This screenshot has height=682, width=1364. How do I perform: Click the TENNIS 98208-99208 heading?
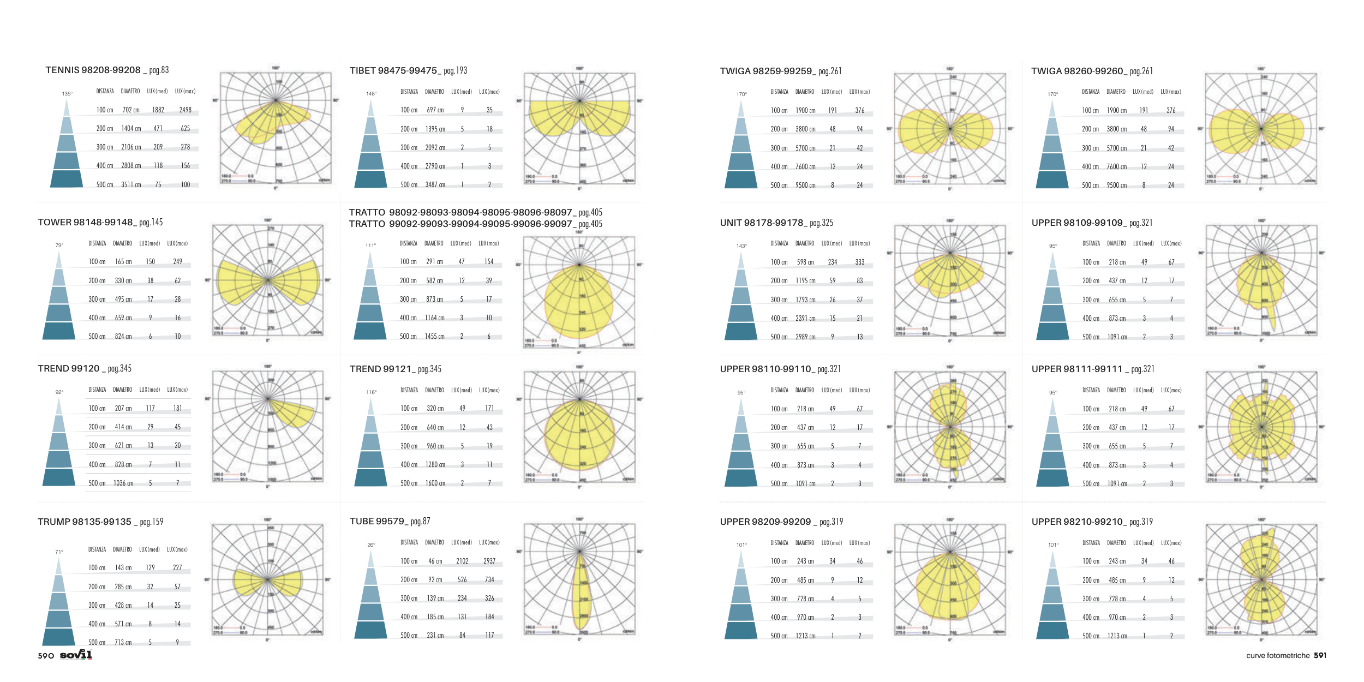pos(93,70)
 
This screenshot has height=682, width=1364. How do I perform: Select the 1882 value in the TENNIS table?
pos(158,110)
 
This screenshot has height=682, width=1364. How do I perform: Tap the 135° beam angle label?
pos(67,94)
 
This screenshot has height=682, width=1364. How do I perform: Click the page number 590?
pos(46,656)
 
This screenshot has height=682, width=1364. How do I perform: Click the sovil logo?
pos(76,655)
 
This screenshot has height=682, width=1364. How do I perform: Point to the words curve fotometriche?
pos(1278,656)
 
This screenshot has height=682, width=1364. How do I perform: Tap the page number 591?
pos(1320,655)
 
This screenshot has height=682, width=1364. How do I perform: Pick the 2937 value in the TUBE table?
pos(489,561)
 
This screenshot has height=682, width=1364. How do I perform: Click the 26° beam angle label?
pos(371,545)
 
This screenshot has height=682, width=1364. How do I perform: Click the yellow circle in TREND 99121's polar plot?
pos(579,436)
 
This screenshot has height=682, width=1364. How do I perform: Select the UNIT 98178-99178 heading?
pos(761,223)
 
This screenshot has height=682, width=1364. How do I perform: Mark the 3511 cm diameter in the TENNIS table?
pos(131,185)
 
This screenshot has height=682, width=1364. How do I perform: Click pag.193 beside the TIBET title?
pos(456,71)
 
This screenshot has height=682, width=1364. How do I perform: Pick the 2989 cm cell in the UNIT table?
pos(805,337)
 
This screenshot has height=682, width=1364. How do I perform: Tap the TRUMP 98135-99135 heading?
pos(85,522)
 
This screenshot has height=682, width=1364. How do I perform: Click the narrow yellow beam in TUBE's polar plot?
pos(581,595)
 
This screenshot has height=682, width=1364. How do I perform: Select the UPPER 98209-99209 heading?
pos(765,522)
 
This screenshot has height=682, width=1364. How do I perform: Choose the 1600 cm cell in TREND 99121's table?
pos(435,483)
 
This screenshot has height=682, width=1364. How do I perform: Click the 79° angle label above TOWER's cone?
pos(59,246)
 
